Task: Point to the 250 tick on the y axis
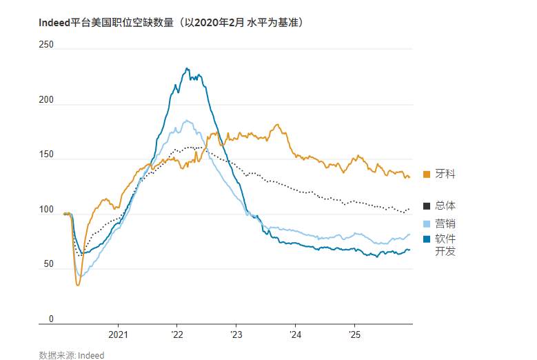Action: (46, 45)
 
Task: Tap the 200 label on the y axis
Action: (46, 100)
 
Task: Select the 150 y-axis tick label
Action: (46, 154)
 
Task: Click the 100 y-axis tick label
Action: (46, 210)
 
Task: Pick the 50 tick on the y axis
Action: (48, 265)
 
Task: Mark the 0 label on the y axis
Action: (50, 319)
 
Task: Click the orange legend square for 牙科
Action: (426, 174)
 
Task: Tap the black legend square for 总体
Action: (426, 206)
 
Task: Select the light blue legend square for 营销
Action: (426, 223)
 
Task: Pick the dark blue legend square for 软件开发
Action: (426, 239)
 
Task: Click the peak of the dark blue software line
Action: (187, 68)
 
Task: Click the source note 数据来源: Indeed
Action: (72, 355)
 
